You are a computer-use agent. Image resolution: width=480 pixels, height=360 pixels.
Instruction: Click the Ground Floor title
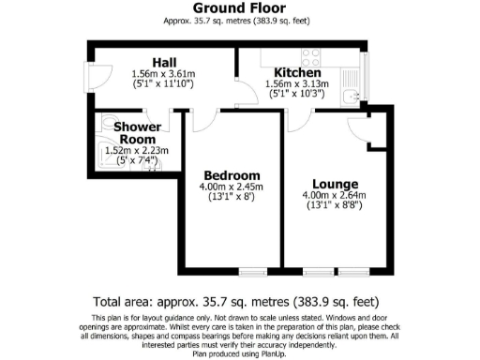(239, 7)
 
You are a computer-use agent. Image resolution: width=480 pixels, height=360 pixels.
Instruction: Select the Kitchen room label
(297, 72)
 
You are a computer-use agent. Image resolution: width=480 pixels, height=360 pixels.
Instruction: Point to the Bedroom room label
(232, 175)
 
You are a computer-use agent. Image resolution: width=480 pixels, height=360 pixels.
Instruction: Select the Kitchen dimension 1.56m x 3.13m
(297, 83)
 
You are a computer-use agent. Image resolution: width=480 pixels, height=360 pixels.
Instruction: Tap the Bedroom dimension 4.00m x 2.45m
(232, 187)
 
